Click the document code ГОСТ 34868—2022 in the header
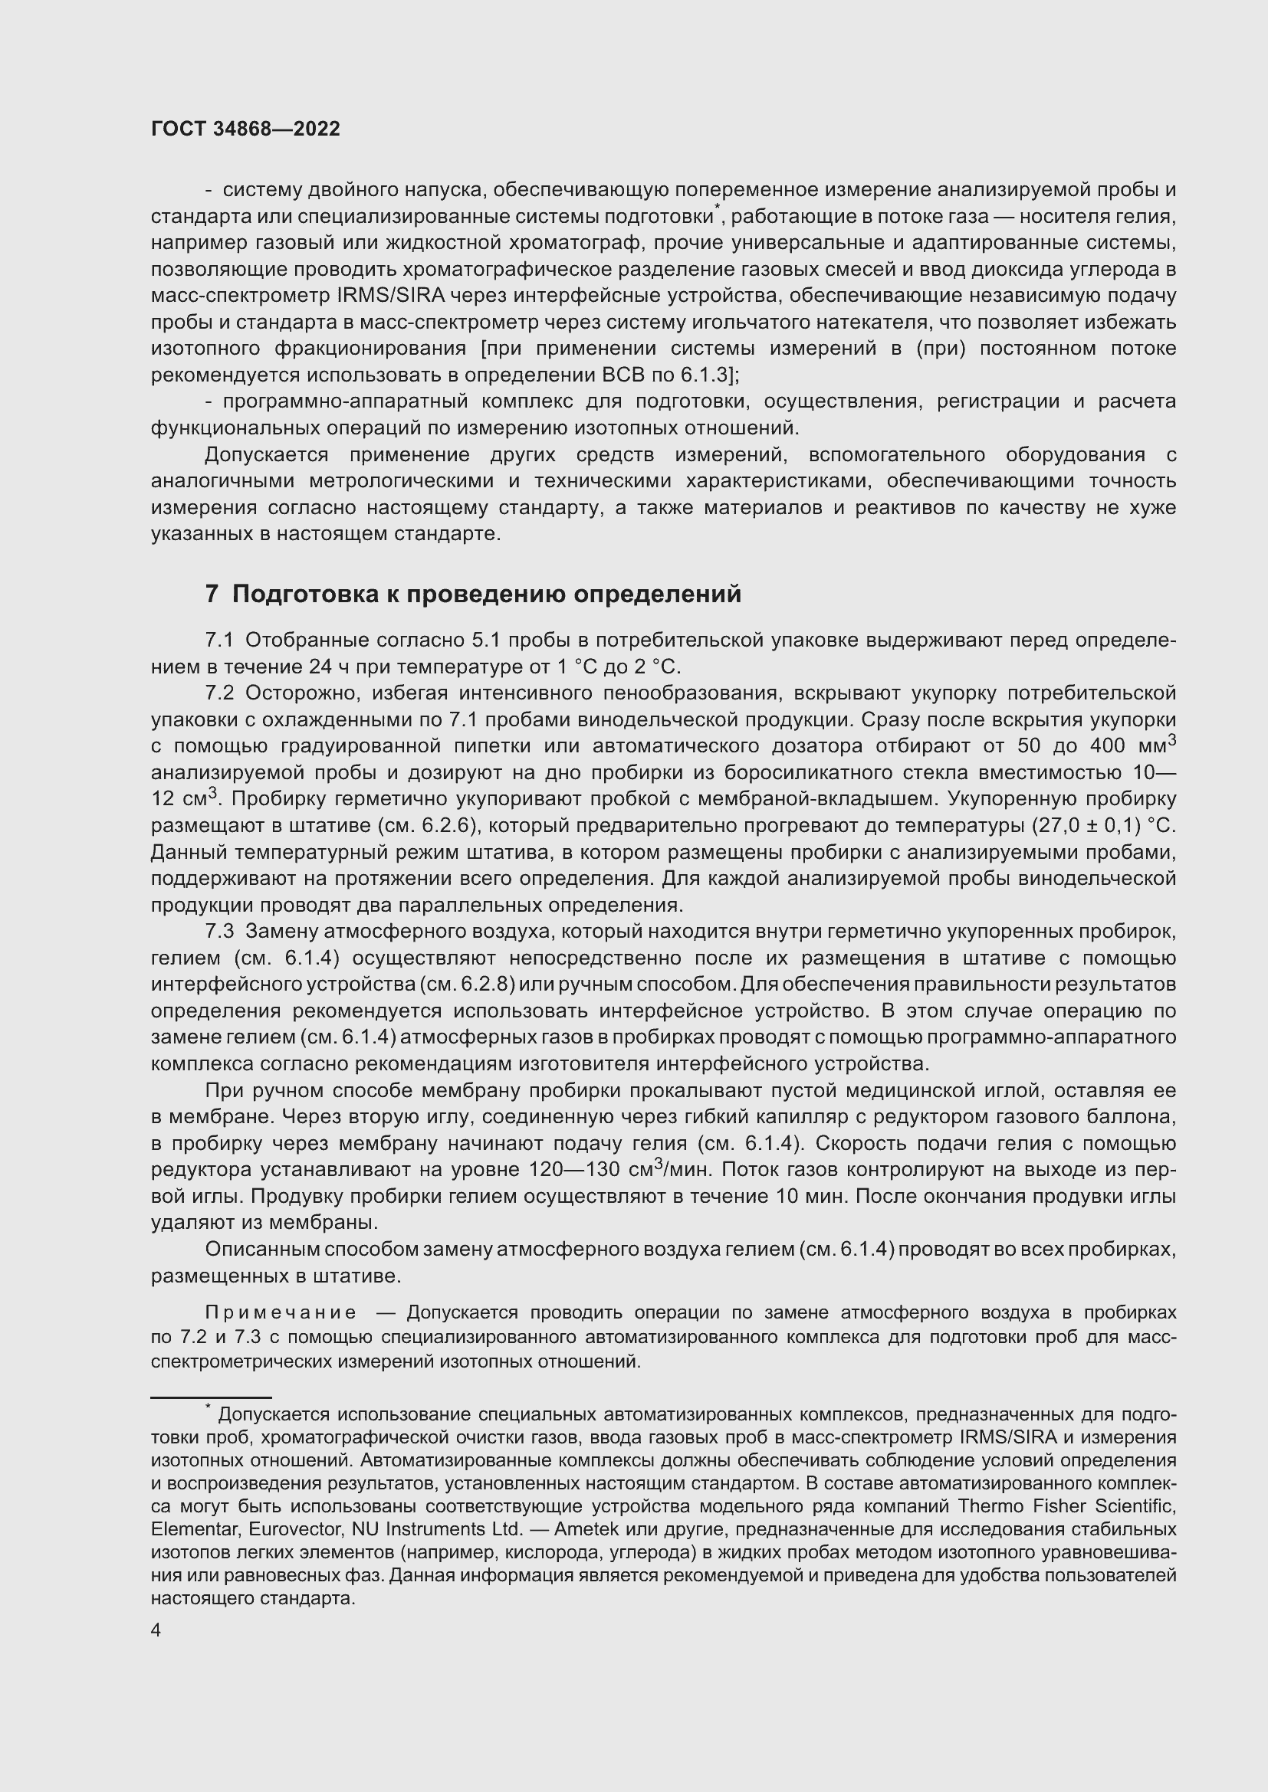[x=245, y=129]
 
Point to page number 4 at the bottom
[x=156, y=1630]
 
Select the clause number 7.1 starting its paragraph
[x=219, y=640]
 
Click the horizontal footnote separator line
[x=211, y=1398]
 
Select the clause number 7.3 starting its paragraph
[x=219, y=932]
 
